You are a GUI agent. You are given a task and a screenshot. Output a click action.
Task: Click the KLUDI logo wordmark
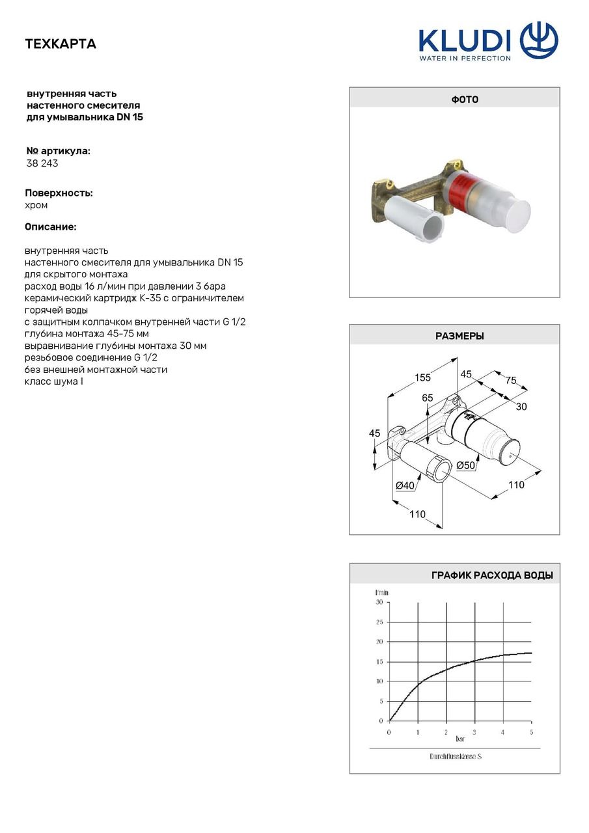pyautogui.click(x=465, y=40)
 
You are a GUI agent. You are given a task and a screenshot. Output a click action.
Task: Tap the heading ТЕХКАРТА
pyautogui.click(x=61, y=44)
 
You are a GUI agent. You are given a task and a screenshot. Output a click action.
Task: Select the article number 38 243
pyautogui.click(x=42, y=163)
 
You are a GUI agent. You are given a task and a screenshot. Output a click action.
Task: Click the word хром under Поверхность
pyautogui.click(x=36, y=205)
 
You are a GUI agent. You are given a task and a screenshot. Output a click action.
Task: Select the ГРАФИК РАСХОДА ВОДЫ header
pyautogui.click(x=492, y=575)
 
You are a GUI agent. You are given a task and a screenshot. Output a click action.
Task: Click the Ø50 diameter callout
pyautogui.click(x=465, y=465)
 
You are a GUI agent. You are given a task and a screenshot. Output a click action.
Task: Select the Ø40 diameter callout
pyautogui.click(x=405, y=485)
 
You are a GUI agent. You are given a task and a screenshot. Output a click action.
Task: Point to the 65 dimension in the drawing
pyautogui.click(x=427, y=398)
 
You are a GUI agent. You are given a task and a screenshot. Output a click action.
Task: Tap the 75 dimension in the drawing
pyautogui.click(x=510, y=381)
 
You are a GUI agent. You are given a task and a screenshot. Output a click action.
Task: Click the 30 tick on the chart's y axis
pyautogui.click(x=379, y=602)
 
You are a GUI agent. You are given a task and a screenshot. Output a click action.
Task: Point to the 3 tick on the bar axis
pyautogui.click(x=474, y=732)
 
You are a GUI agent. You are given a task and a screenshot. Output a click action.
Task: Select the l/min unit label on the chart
pyautogui.click(x=381, y=592)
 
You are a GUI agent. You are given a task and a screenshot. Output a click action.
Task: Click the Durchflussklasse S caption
pyautogui.click(x=456, y=756)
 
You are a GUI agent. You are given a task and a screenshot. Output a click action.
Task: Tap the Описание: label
pyautogui.click(x=51, y=227)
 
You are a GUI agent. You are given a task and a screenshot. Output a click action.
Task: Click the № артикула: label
pyautogui.click(x=58, y=151)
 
